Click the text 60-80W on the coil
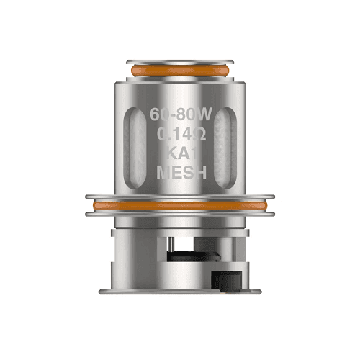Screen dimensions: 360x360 (x=179, y=114)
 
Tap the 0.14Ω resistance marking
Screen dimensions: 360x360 (x=179, y=134)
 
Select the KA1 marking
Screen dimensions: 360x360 (x=179, y=153)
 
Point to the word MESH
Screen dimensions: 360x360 (x=179, y=173)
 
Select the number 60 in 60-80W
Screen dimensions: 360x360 (x=161, y=114)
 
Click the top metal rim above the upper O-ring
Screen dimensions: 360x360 (x=179, y=61)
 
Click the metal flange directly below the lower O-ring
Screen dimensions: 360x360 (x=179, y=216)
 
